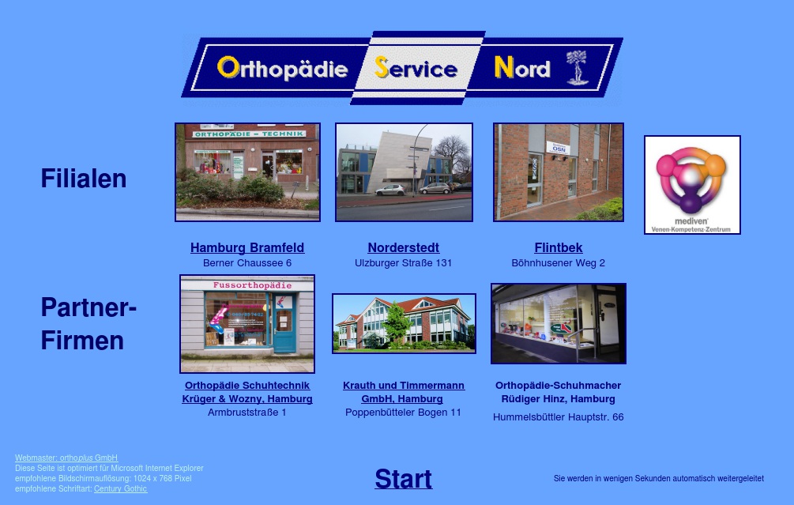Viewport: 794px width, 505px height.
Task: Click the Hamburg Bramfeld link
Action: point(247,247)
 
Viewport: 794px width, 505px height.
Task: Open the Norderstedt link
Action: point(403,247)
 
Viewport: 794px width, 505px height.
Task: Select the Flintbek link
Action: point(559,247)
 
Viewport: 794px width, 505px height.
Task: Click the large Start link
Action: point(403,479)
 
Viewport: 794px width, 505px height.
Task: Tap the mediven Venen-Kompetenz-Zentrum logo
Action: point(692,185)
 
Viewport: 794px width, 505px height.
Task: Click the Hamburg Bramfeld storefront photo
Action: point(247,172)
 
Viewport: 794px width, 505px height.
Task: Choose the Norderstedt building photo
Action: point(404,172)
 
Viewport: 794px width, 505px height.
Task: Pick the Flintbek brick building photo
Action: point(559,172)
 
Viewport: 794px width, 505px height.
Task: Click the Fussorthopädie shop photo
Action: point(247,324)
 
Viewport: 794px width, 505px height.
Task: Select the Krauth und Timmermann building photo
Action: point(404,323)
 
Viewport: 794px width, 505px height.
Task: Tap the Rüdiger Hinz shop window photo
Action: point(559,323)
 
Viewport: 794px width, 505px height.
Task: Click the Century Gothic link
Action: point(120,488)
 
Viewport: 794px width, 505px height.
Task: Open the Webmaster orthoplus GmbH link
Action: point(66,458)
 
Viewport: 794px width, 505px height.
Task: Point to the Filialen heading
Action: point(84,179)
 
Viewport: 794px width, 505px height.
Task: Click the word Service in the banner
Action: point(416,69)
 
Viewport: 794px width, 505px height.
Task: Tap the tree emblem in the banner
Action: point(578,68)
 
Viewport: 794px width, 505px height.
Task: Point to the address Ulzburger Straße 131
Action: point(403,263)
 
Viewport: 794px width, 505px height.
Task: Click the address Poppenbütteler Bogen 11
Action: point(403,413)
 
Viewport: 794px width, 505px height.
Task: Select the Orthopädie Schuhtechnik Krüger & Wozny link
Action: point(247,392)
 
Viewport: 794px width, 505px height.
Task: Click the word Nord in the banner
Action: point(521,69)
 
